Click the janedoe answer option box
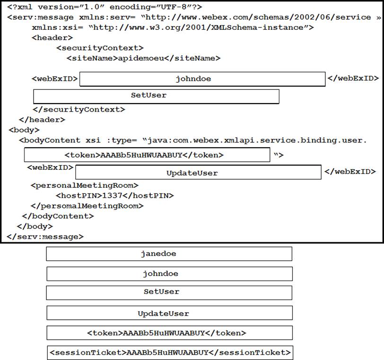coord(169,254)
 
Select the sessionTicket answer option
coord(170,352)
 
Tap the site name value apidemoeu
coord(141,58)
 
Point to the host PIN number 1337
coord(112,195)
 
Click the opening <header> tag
coord(52,38)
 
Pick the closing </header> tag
coord(42,120)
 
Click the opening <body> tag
coord(24,130)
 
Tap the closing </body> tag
coord(35,226)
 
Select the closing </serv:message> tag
coord(45,237)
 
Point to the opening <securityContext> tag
coord(100,48)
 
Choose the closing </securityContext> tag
coord(79,109)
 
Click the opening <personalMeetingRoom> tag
coord(85,185)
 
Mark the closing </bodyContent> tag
coord(58,216)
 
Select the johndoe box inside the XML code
coord(202,79)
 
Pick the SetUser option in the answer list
coord(169,293)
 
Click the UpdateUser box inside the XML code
coord(198,172)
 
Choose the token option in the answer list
coord(169,333)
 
